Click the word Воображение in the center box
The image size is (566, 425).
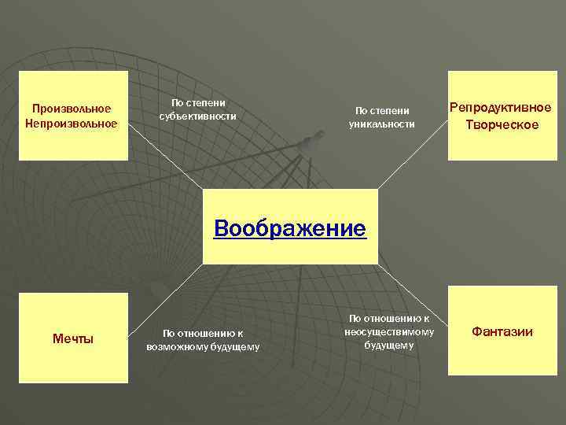click(x=290, y=229)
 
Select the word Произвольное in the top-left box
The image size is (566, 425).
click(x=71, y=108)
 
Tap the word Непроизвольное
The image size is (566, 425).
click(x=71, y=123)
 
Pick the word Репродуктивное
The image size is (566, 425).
click(x=500, y=108)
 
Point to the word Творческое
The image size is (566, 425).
click(x=501, y=124)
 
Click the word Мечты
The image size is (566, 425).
click(x=73, y=338)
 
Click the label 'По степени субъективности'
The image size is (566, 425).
click(x=198, y=109)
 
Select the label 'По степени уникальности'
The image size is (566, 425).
click(x=383, y=117)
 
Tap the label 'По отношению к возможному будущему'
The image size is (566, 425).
click(x=203, y=339)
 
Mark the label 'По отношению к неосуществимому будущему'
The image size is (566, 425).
click(x=389, y=331)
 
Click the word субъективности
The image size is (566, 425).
click(x=198, y=116)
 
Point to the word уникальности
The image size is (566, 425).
click(x=383, y=124)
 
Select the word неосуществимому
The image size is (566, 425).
click(x=389, y=331)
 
